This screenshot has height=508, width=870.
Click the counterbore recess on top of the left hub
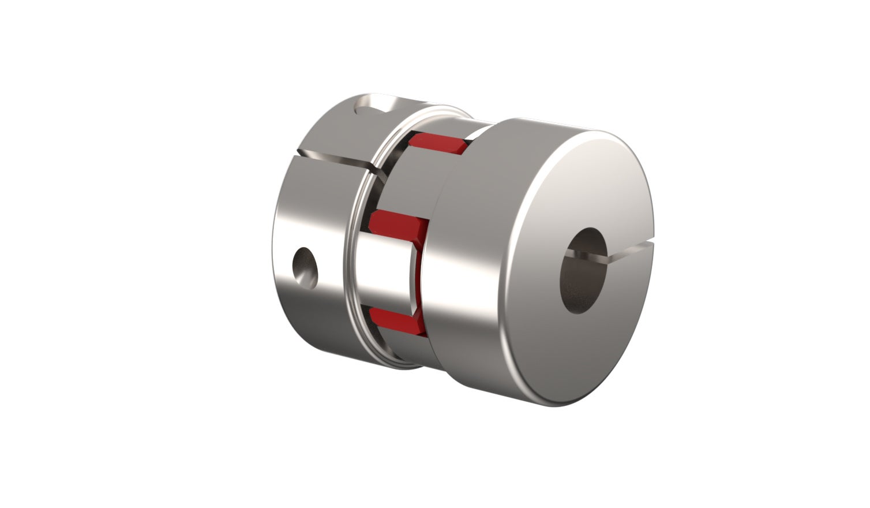[x=373, y=107]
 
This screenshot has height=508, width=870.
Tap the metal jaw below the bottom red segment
[x=404, y=346]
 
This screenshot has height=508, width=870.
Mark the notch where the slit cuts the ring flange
[x=375, y=170]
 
